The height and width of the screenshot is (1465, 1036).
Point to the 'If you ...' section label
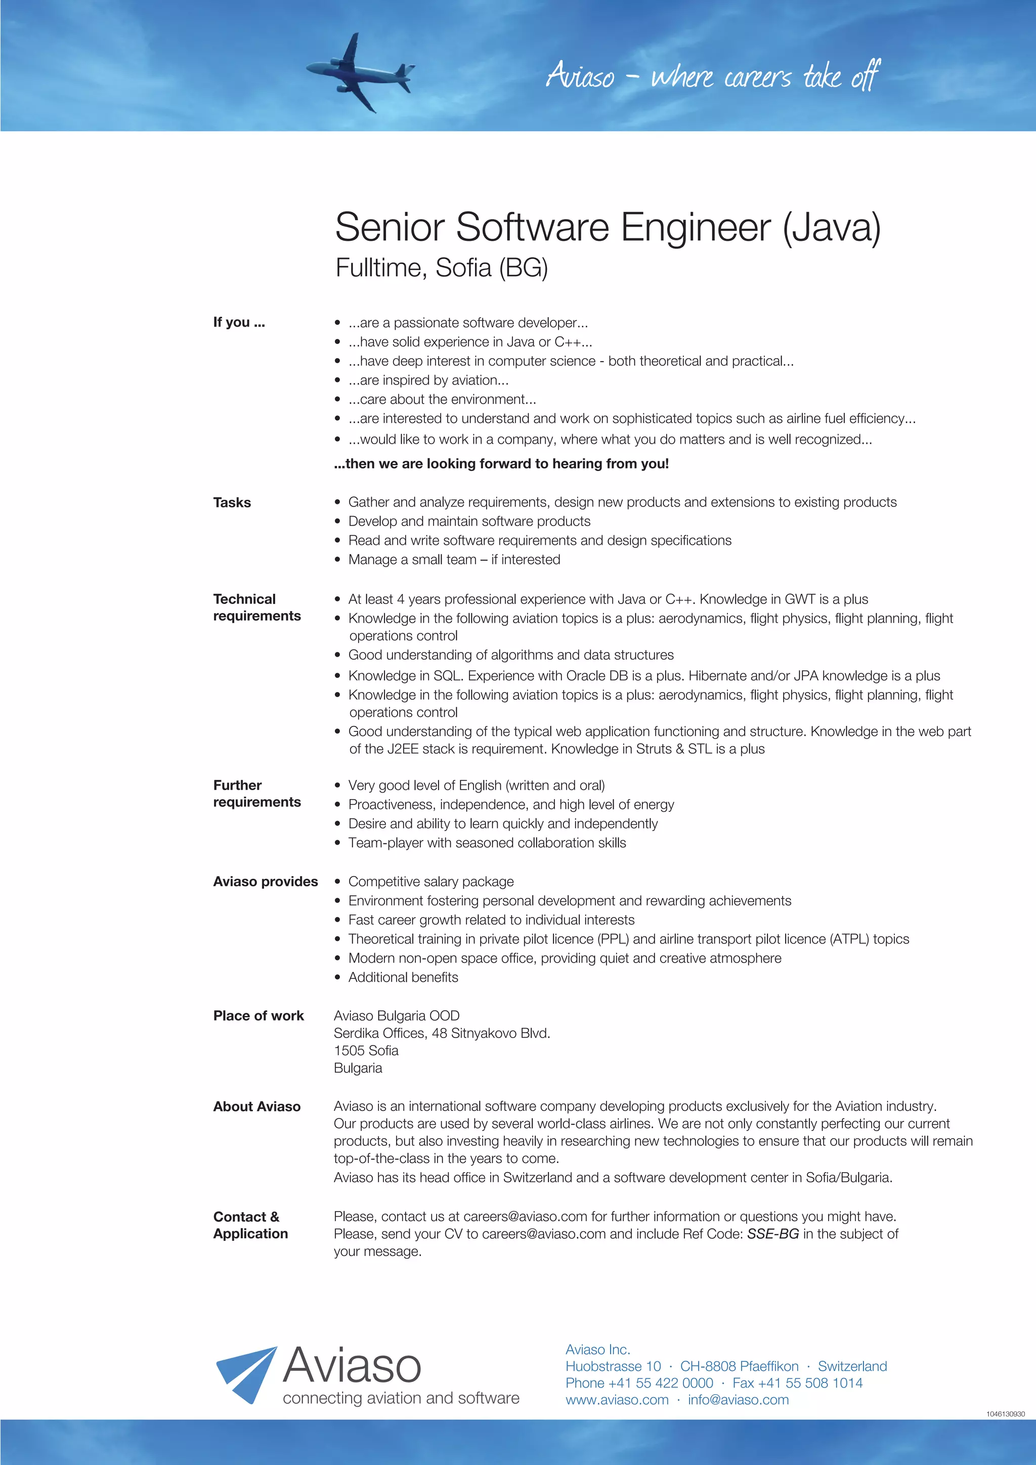[239, 322]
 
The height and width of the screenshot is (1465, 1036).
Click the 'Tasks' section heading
[232, 503]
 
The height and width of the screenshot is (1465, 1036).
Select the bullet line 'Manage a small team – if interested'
[454, 559]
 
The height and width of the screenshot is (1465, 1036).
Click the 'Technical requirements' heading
[256, 608]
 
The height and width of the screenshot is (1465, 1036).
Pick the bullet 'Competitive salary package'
[430, 882]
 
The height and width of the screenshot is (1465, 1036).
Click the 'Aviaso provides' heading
[266, 882]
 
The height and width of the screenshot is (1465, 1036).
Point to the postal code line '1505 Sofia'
[366, 1050]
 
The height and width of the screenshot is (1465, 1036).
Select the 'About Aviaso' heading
[256, 1106]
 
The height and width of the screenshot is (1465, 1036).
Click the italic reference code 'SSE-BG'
[772, 1234]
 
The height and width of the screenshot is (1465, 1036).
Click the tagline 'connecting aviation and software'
[401, 1398]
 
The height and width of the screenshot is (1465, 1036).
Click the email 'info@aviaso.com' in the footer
[738, 1400]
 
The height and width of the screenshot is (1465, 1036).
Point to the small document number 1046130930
[1005, 1414]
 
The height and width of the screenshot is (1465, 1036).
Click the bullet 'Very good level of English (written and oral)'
[476, 786]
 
